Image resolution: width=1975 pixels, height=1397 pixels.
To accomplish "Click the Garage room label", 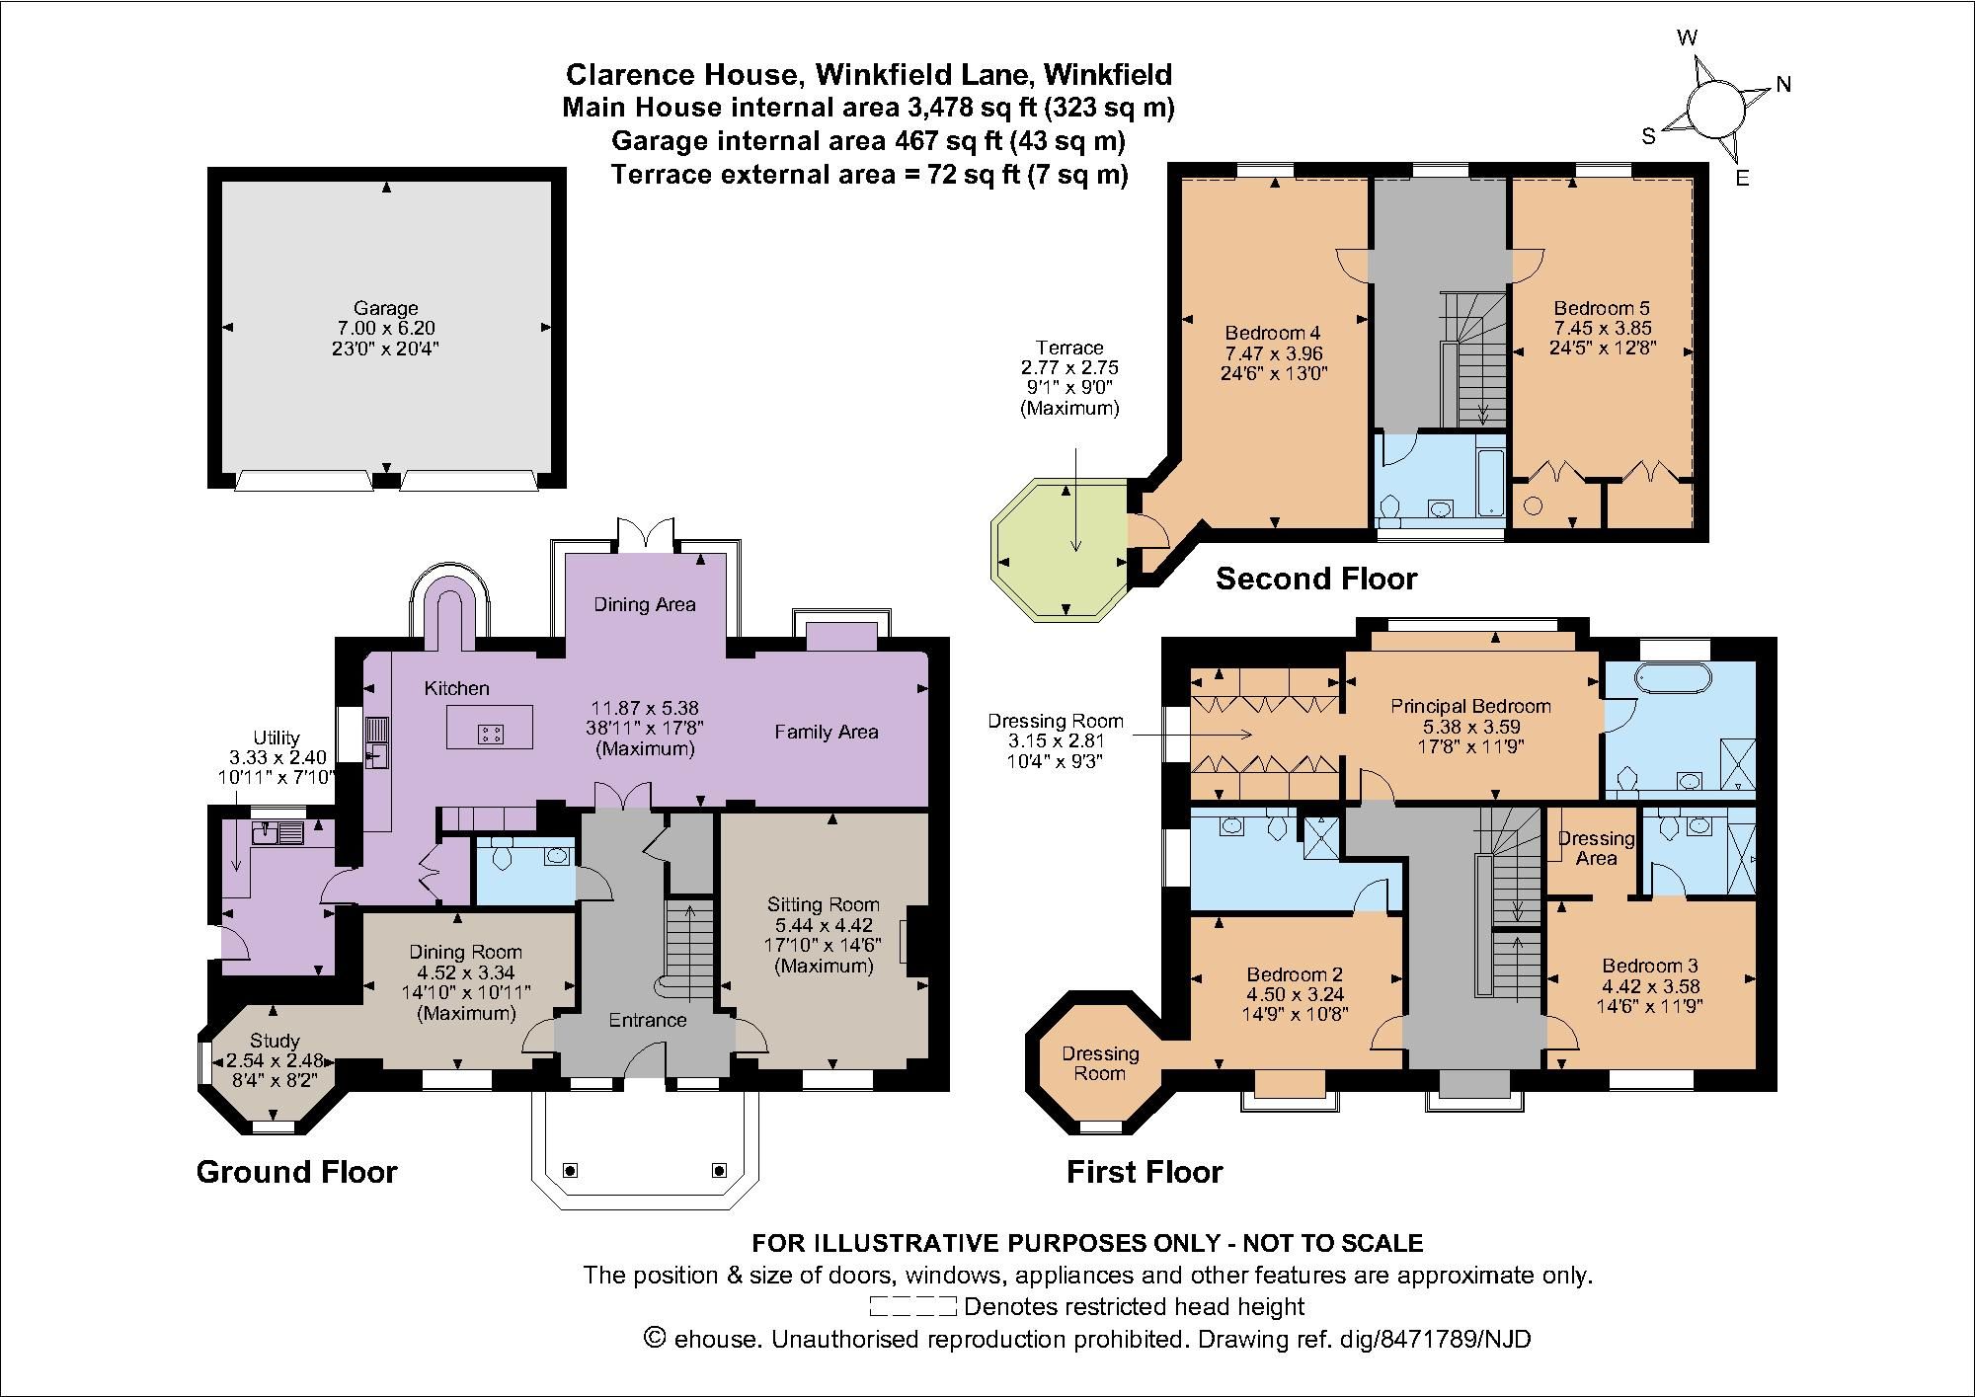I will pos(386,308).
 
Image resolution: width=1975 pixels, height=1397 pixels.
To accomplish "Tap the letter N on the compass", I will pos(1783,85).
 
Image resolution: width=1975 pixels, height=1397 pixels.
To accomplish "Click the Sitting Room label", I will pos(823,904).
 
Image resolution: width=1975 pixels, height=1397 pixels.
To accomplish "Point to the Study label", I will pos(274,1041).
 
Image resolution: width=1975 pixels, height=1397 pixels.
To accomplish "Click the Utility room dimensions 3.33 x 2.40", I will pos(276,757).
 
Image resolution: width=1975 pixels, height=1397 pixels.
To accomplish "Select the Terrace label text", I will pos(1068,348).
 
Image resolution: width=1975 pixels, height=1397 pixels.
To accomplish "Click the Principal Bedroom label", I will pos(1469,706).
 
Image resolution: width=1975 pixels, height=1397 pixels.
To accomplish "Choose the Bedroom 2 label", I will pos(1294,973).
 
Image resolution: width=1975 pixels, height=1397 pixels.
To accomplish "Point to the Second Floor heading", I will pos(1315,579).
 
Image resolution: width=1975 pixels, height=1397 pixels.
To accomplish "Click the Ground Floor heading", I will pos(296,1172).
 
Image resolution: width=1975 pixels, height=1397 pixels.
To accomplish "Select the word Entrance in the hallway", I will pos(647,1020).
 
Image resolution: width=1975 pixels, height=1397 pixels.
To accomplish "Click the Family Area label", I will pos(826,732).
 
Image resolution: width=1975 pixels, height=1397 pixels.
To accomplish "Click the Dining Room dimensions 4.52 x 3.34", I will pos(465,972).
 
